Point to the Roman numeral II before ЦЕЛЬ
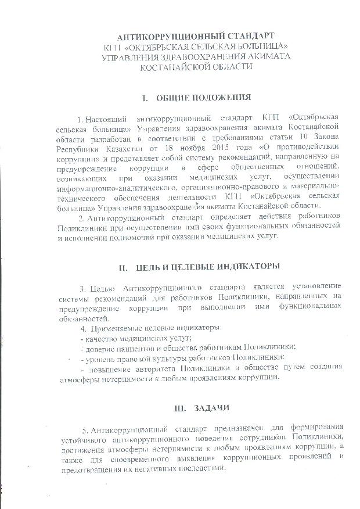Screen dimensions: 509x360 click(123, 267)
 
